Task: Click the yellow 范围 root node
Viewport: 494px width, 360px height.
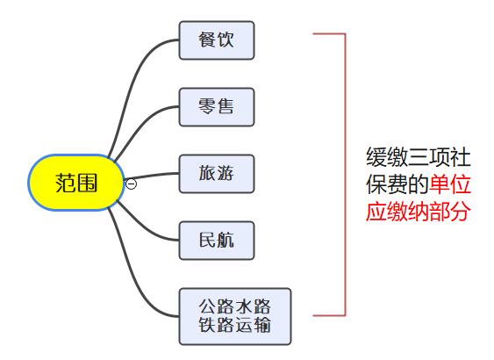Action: pos(76,183)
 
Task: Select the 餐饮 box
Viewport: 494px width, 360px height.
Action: pos(217,40)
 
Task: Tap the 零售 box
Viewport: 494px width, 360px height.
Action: pos(217,107)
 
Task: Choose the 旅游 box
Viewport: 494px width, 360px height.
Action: pos(217,174)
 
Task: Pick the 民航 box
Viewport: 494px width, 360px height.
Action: pos(217,241)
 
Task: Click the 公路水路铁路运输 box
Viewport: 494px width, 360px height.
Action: pos(235,316)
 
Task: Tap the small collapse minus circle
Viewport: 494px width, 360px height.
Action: pos(131,184)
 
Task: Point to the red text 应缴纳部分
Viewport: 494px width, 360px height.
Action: pos(418,212)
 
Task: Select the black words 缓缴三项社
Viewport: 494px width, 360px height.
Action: pos(419,157)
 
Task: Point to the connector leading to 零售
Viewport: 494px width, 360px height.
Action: pos(139,126)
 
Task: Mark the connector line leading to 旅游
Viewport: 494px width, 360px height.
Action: pos(152,176)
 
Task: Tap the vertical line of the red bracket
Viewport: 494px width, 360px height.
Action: pos(346,175)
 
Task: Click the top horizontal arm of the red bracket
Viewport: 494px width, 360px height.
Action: pos(329,33)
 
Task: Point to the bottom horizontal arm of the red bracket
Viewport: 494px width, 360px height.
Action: pos(329,315)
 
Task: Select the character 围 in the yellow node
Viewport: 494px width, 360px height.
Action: pos(87,183)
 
